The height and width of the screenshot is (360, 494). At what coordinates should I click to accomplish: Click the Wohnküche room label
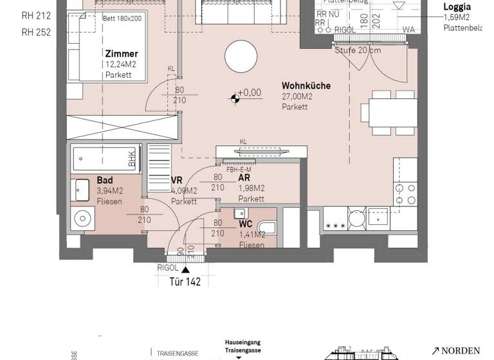(306, 85)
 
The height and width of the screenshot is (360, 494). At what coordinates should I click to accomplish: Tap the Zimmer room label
(122, 55)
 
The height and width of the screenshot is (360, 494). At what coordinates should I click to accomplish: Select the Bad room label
(104, 181)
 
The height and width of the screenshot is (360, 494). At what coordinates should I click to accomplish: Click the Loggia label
(457, 8)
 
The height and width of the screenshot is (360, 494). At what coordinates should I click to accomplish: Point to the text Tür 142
(185, 282)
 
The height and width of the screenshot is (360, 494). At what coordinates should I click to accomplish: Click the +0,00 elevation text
(250, 93)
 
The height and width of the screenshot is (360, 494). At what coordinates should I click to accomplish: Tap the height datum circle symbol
(235, 98)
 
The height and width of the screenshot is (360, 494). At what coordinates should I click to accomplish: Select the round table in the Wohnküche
(239, 55)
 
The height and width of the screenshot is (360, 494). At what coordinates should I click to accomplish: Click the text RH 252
(36, 32)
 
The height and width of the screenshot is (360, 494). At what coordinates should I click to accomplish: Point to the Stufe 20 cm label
(358, 50)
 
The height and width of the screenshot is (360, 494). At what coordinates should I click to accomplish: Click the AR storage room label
(244, 178)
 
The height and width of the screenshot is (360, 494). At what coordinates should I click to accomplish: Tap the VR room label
(178, 181)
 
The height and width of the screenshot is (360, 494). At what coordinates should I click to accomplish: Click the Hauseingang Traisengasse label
(242, 346)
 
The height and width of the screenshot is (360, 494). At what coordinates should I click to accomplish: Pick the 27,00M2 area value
(297, 96)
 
